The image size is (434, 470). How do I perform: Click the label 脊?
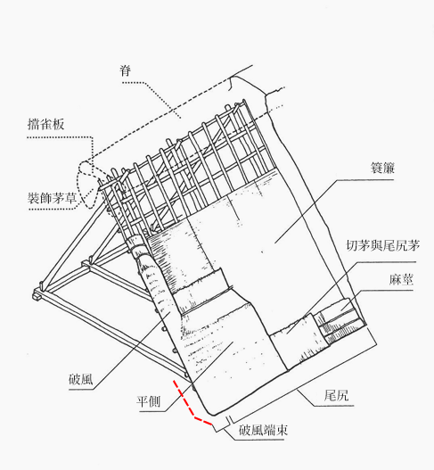(x=127, y=70)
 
